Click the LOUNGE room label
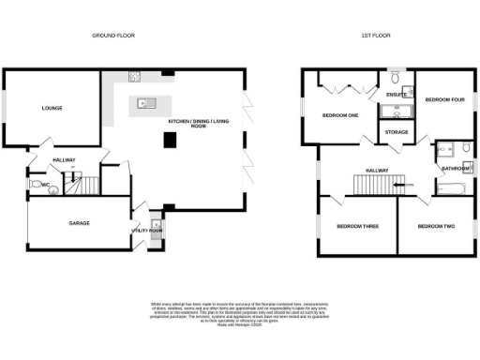52,108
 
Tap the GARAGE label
79,224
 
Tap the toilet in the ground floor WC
53,187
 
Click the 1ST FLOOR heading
375,35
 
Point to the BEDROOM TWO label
436,227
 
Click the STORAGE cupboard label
396,133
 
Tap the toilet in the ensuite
396,81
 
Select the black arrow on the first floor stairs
408,185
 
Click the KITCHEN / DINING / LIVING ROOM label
199,124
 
